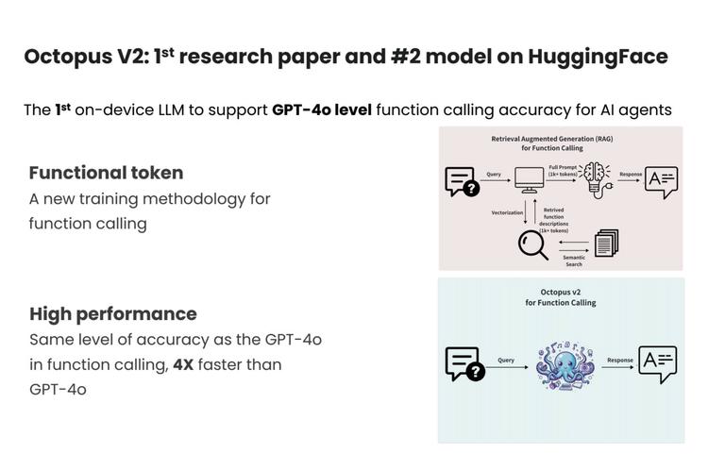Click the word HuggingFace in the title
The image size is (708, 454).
click(598, 58)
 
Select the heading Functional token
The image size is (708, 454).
click(106, 173)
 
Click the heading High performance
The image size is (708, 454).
click(113, 314)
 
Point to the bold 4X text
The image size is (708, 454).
click(183, 364)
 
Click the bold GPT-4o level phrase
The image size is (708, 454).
click(322, 109)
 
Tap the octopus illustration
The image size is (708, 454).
click(565, 365)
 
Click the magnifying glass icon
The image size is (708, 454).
click(532, 245)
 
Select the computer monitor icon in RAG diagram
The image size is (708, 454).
click(530, 180)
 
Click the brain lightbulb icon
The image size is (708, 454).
click(596, 179)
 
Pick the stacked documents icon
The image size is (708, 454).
click(606, 243)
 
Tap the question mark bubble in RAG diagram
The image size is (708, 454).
click(462, 181)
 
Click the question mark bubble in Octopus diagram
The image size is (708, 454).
click(465, 363)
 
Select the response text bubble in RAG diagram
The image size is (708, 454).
click(661, 182)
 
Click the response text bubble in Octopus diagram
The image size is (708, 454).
click(657, 364)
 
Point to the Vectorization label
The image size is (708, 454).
click(507, 212)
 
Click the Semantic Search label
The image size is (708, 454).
click(574, 261)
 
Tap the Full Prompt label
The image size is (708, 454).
click(563, 171)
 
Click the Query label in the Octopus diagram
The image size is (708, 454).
click(506, 361)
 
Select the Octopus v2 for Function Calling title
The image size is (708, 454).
click(561, 297)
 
